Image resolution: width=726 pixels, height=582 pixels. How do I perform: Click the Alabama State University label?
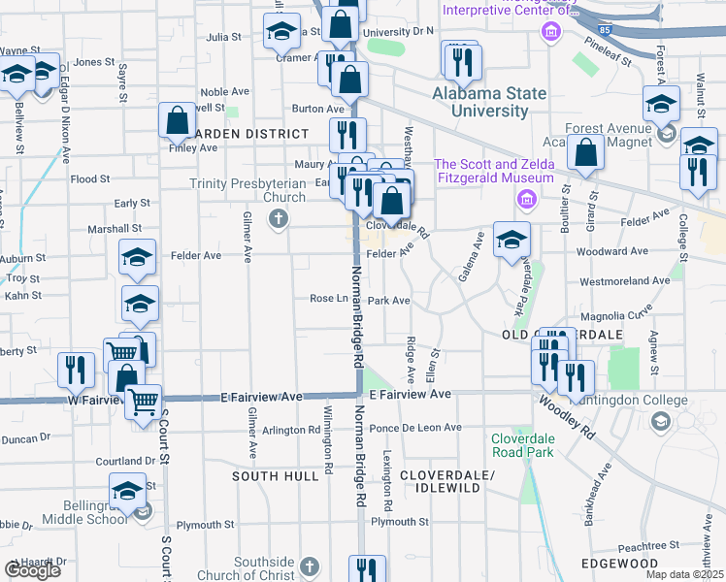click(489, 102)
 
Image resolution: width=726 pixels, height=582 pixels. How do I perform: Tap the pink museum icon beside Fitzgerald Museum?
click(527, 201)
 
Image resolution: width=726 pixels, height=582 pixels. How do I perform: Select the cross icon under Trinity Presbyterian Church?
click(279, 219)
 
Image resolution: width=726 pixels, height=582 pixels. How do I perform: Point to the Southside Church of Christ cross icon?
click(310, 566)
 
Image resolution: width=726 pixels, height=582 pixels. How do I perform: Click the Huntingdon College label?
click(628, 400)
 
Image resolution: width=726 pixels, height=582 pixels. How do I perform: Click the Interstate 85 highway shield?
click(606, 31)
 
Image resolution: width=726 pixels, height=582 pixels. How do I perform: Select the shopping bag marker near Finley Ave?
click(178, 121)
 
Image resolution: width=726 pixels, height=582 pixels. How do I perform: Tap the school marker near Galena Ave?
click(511, 240)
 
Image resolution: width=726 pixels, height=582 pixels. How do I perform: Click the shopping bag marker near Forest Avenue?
click(586, 152)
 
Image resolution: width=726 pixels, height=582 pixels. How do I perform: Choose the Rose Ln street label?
click(328, 299)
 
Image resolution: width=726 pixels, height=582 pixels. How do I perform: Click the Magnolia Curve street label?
click(615, 316)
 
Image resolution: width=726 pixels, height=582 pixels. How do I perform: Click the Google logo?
click(32, 570)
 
